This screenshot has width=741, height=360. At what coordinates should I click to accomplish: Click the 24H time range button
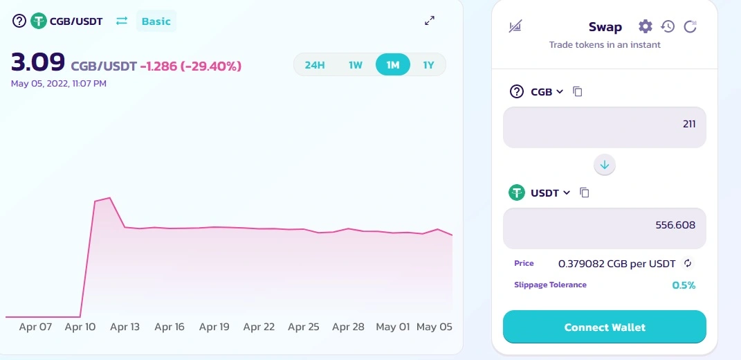315,65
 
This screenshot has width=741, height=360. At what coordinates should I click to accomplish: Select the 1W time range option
356,65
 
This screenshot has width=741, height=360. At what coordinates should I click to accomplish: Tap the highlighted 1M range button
393,65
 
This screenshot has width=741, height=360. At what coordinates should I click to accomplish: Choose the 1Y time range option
428,65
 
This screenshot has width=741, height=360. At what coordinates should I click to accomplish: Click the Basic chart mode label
156,21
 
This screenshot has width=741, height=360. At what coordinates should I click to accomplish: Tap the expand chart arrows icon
430,21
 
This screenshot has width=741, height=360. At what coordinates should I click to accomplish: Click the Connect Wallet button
605,327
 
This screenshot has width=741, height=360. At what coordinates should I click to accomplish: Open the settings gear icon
645,26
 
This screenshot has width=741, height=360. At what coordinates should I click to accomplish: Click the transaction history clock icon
668,26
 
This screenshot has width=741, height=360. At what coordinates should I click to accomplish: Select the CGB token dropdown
547,92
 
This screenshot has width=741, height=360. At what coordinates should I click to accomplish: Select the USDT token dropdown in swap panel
551,193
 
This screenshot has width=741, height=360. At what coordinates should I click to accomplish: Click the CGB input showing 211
605,127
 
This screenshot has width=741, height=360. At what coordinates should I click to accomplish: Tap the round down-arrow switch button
605,165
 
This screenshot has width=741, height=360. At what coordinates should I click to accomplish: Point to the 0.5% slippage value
684,285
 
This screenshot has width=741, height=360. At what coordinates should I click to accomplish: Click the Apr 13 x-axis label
125,327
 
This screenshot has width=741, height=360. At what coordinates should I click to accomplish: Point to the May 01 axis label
393,327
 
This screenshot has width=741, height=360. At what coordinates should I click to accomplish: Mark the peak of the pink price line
109,198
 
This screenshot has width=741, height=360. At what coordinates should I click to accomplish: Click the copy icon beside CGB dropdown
577,91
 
